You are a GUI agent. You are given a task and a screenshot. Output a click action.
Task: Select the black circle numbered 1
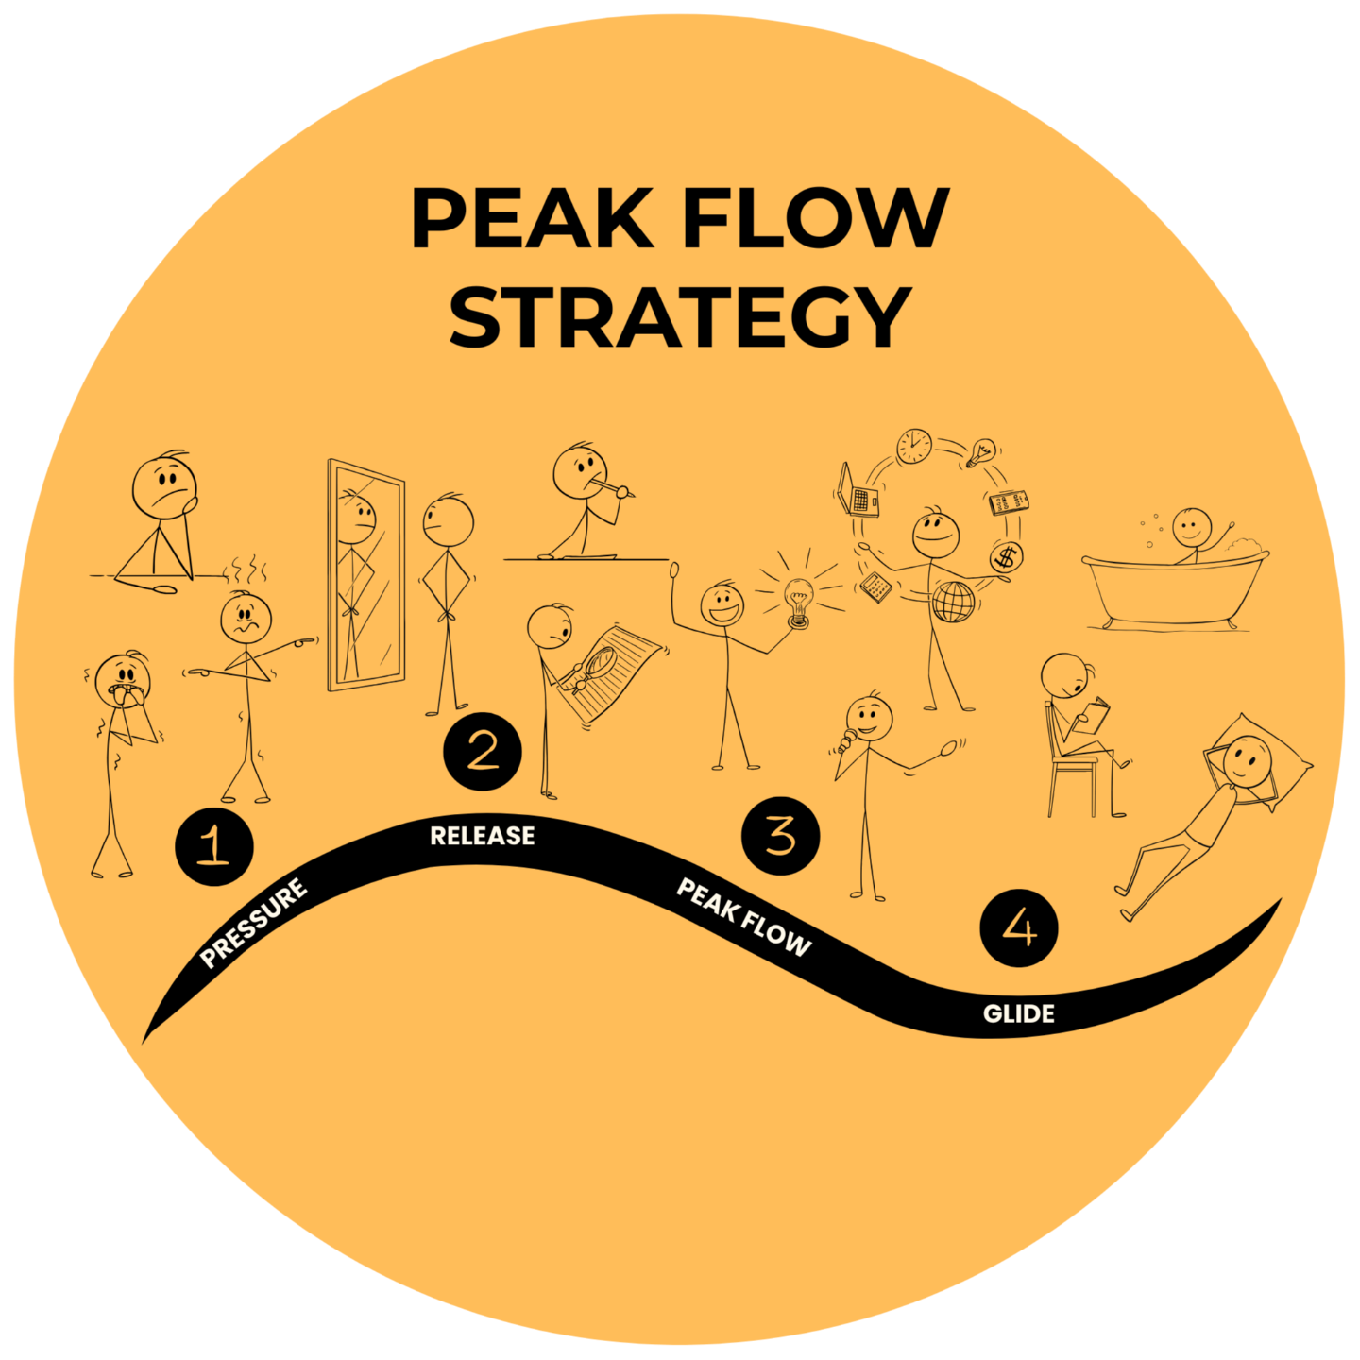coord(214,845)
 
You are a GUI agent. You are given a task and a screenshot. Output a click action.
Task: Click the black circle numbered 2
coord(483,752)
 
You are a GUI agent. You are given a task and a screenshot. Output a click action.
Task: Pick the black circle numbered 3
coord(780,836)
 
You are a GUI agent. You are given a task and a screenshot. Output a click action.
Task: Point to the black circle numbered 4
coord(1019,927)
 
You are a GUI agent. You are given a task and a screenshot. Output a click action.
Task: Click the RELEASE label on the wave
coord(483,836)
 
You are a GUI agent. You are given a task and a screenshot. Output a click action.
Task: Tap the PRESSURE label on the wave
coord(254,923)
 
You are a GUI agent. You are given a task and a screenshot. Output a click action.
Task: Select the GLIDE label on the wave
coord(1018,1014)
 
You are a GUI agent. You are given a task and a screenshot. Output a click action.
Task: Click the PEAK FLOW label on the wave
coord(744,917)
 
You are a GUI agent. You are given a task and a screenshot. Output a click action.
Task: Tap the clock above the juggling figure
coord(914,446)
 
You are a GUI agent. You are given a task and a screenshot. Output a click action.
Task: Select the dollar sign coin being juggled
coord(1007,557)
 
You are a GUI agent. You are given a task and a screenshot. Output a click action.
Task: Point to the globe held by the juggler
coord(953,602)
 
